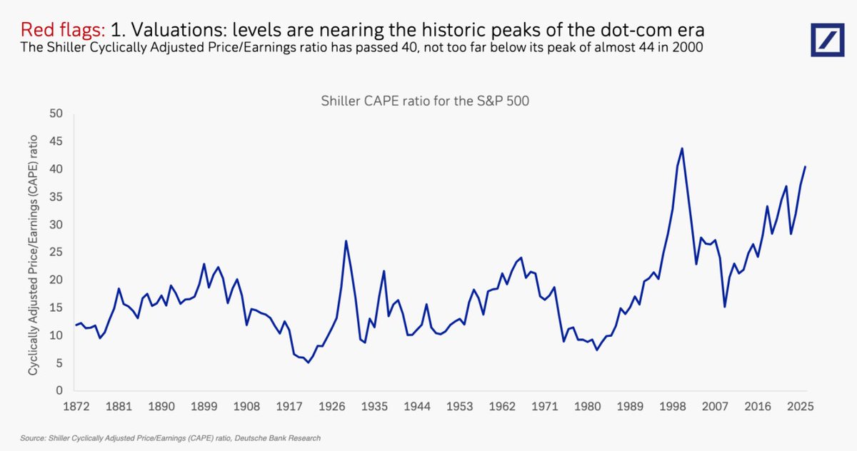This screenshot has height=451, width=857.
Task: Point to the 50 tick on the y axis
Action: point(56,113)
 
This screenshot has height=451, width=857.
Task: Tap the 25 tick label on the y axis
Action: point(56,253)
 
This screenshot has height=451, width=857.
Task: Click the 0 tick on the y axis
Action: point(60,391)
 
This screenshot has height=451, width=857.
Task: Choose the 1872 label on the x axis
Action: point(76,407)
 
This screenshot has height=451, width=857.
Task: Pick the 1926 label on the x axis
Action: point(331,407)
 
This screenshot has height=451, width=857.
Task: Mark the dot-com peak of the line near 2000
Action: point(681,148)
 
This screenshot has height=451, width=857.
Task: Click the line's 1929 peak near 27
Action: point(346,240)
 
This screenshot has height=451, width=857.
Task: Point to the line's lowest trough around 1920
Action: point(308,363)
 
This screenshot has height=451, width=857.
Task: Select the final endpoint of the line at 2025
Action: point(805,167)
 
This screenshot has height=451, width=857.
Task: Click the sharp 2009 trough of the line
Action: point(724,307)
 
